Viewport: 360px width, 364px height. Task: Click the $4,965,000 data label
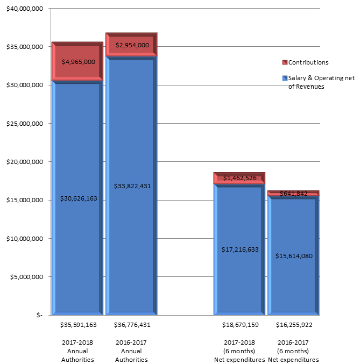pyautogui.click(x=78, y=62)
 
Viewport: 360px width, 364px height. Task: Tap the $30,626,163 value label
pyautogui.click(x=78, y=198)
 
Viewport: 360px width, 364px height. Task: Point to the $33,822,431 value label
pyautogui.click(x=132, y=186)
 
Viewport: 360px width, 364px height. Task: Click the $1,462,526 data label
pyautogui.click(x=240, y=178)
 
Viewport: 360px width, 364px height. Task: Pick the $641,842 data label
pyautogui.click(x=294, y=194)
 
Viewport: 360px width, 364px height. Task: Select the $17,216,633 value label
pyautogui.click(x=240, y=249)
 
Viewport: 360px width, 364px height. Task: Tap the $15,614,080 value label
pyautogui.click(x=294, y=255)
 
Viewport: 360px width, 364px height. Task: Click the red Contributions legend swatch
pyautogui.click(x=285, y=62)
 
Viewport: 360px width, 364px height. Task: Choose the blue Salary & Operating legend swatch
pyautogui.click(x=285, y=78)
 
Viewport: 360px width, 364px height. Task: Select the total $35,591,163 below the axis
pyautogui.click(x=78, y=325)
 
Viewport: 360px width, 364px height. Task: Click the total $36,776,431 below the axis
pyautogui.click(x=132, y=325)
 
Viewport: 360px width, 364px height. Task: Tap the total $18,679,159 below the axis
pyautogui.click(x=240, y=325)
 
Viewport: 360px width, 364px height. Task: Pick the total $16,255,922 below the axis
pyautogui.click(x=294, y=325)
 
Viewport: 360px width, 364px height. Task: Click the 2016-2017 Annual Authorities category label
pyautogui.click(x=132, y=351)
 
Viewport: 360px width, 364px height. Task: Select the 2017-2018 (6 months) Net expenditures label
pyautogui.click(x=240, y=351)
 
